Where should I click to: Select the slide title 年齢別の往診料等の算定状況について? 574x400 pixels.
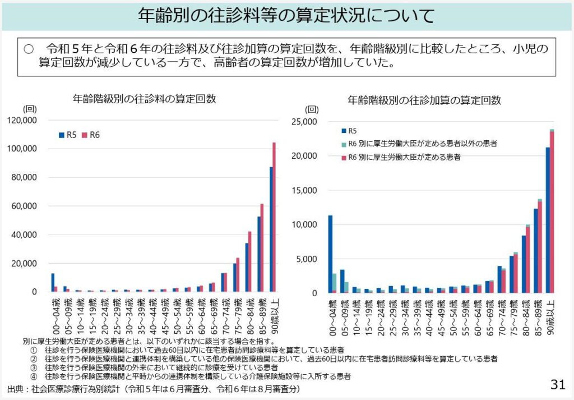coord(286,16)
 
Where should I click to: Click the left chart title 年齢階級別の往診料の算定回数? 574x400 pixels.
coord(145,99)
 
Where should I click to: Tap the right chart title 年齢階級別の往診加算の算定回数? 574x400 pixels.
coord(424,100)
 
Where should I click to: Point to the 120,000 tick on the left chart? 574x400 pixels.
coord(22,120)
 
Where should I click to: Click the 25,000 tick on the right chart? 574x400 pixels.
coord(305,121)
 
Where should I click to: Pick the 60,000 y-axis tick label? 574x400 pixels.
coord(24,206)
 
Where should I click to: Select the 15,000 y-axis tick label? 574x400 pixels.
coord(305,190)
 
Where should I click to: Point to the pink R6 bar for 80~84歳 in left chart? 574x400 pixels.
coord(250,261)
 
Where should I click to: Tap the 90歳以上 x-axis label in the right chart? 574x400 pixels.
coord(551,317)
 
